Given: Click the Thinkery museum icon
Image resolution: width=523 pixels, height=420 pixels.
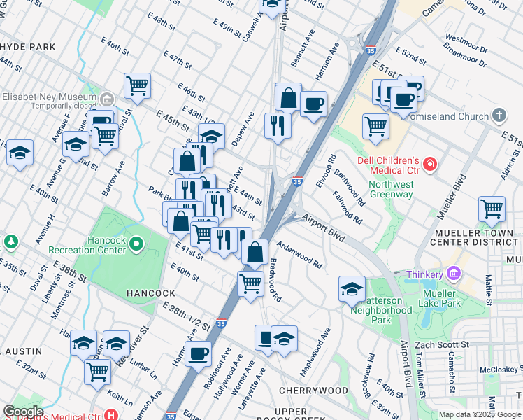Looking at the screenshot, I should click(454, 274).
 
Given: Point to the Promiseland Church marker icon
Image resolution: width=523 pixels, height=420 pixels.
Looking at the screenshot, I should click(499, 114).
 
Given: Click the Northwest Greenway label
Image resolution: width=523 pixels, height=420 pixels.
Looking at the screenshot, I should click(392, 189).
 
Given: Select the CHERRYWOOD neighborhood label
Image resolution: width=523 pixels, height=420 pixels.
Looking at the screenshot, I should click(313, 390).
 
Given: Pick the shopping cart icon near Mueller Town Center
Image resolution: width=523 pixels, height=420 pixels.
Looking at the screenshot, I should click(492, 209).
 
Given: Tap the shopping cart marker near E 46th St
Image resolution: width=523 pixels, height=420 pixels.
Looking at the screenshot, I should click(138, 86).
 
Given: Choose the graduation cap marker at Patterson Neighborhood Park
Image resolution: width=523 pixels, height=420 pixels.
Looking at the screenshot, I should click(352, 288).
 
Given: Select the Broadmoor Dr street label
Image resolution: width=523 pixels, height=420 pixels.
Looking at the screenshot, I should click(464, 55).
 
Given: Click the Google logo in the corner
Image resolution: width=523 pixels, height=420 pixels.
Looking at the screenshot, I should click(23, 412).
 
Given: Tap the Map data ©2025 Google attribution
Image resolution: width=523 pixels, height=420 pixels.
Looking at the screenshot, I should click(479, 414).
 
